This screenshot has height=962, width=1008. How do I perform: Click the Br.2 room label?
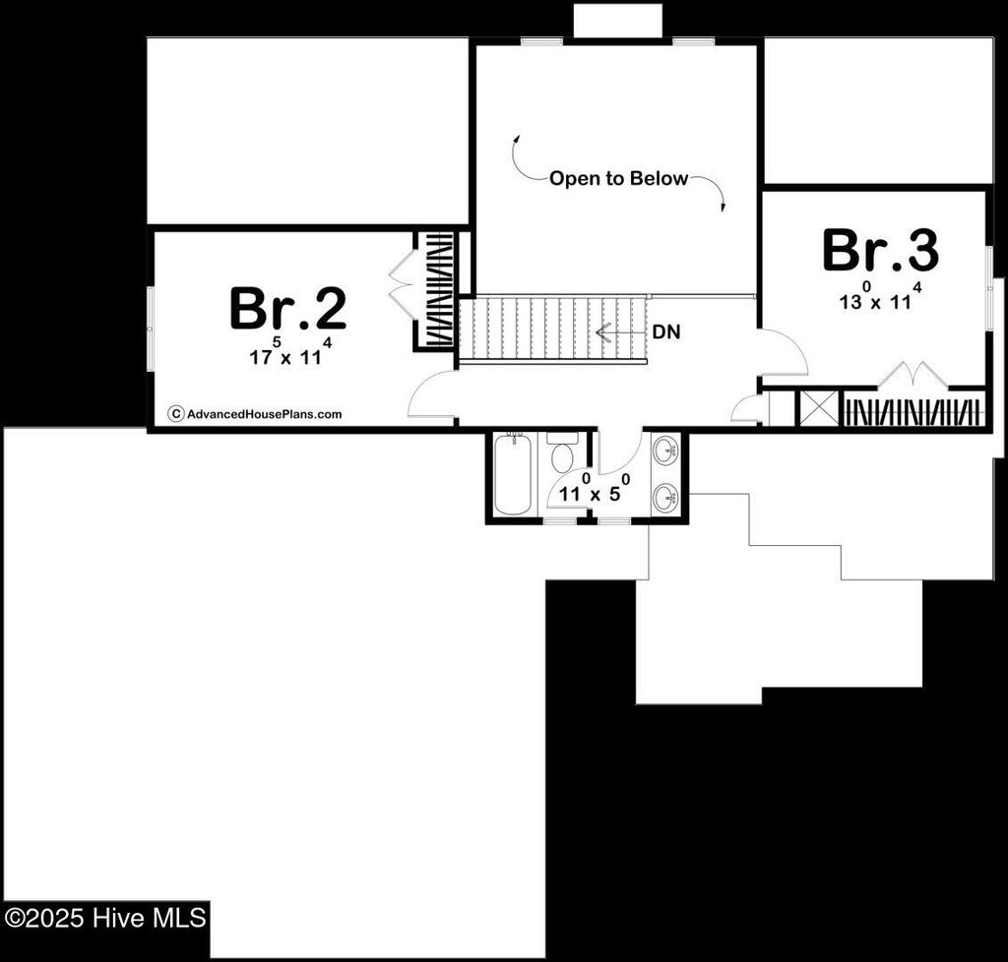coord(287,309)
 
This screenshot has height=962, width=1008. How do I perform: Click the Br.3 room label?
coord(880,251)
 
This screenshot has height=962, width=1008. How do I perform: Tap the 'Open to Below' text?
coord(618,179)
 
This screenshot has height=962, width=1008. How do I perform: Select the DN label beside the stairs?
coord(666,332)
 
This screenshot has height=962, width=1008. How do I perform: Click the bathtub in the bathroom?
coord(512,474)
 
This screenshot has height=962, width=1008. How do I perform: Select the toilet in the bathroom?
coord(563,454)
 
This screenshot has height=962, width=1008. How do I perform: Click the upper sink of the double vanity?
coord(666,451)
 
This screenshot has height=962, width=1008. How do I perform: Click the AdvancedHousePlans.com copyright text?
coord(256,414)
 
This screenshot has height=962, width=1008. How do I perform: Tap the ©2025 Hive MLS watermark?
coord(105,919)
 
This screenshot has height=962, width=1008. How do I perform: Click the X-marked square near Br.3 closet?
coord(818,409)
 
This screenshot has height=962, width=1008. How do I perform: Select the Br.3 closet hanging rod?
coord(913,410)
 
